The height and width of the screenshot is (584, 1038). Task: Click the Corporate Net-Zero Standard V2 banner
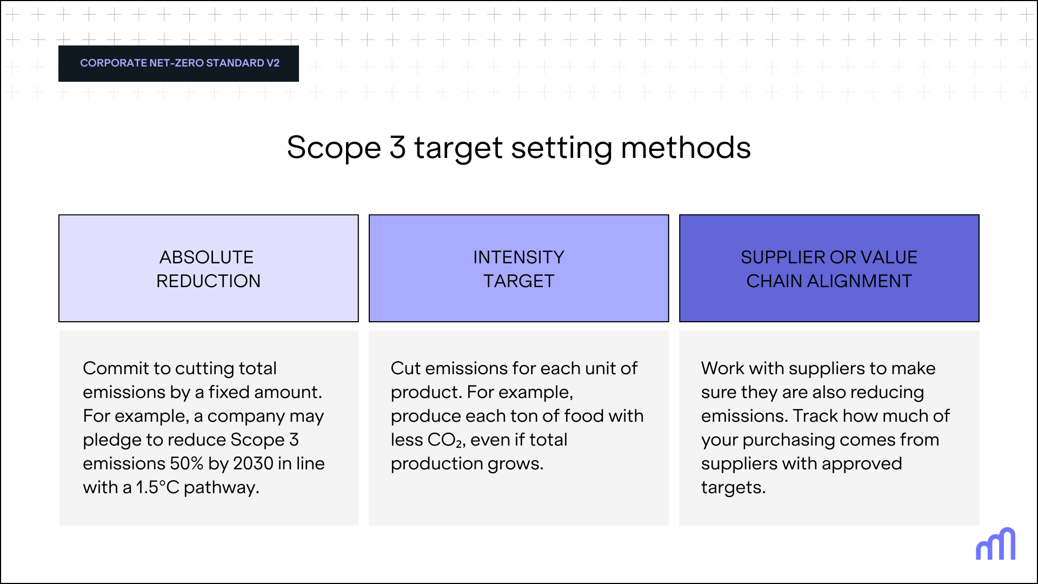click(x=179, y=63)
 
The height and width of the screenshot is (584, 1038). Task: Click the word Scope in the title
click(x=334, y=148)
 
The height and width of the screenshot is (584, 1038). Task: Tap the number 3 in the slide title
click(x=397, y=148)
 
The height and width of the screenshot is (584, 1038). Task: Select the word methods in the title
click(x=686, y=148)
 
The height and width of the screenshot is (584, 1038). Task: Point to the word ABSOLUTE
click(x=207, y=257)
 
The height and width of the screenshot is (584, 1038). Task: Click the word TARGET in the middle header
click(x=518, y=281)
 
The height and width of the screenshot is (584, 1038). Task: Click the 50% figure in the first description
click(x=187, y=463)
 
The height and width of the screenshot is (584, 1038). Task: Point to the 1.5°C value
click(x=157, y=487)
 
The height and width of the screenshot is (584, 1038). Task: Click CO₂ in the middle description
click(x=444, y=440)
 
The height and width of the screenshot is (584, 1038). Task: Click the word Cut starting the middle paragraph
click(x=405, y=368)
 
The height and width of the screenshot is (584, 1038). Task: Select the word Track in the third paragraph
click(x=815, y=416)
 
